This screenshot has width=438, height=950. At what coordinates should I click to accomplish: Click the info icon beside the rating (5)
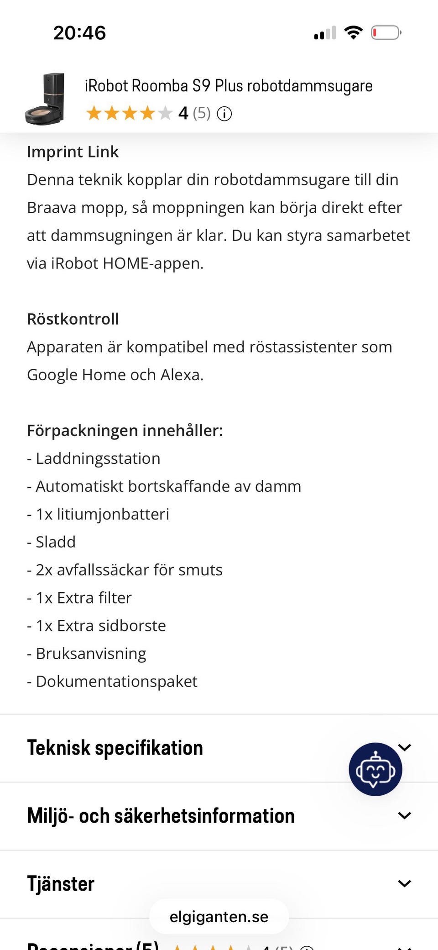click(224, 113)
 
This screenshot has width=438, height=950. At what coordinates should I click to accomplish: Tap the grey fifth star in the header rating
click(165, 113)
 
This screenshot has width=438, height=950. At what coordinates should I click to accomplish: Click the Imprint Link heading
click(73, 152)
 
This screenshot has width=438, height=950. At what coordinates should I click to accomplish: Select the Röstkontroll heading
click(73, 319)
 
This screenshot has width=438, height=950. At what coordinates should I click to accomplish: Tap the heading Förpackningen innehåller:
click(125, 430)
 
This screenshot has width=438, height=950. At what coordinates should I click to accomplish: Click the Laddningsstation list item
click(98, 458)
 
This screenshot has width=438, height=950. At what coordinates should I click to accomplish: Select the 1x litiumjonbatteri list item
click(102, 514)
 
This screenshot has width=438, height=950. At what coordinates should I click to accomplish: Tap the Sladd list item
click(55, 542)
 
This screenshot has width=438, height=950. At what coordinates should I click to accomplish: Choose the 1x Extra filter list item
click(83, 598)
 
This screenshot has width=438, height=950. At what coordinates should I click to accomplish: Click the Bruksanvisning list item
click(91, 653)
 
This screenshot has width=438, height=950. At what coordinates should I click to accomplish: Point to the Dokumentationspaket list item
click(116, 681)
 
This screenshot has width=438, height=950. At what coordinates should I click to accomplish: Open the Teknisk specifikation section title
click(115, 748)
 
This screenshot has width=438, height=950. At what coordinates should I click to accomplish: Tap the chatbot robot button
click(375, 769)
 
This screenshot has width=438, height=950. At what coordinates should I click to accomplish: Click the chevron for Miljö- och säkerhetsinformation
click(404, 815)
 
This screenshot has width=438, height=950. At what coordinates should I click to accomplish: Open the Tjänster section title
click(61, 883)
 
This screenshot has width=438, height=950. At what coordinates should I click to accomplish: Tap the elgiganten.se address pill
click(219, 917)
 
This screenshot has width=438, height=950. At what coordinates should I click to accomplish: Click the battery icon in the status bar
click(386, 33)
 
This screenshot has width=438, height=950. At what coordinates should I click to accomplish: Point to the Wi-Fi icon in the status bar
click(353, 32)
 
